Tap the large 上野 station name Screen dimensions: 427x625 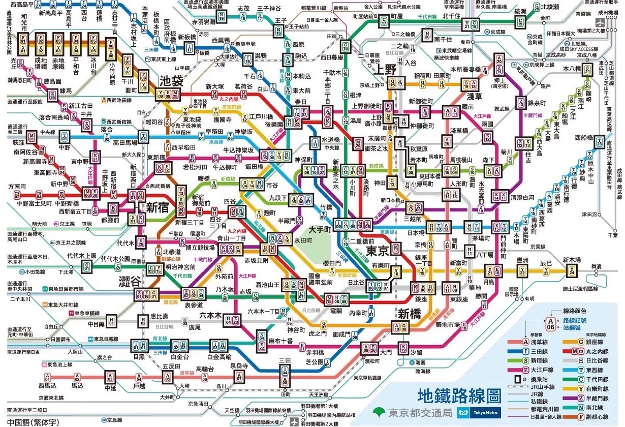point(384,70)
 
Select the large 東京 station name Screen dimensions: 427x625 point(378,251)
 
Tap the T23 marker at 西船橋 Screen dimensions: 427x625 point(600,143)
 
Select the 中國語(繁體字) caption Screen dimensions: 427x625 point(33,421)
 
